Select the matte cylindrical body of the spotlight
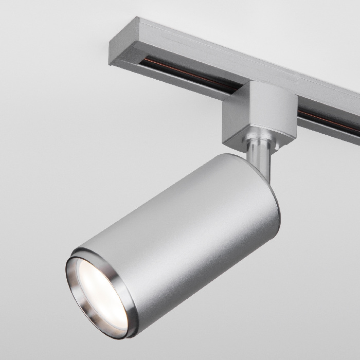185,226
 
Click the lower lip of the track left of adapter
180,82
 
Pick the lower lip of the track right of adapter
329,131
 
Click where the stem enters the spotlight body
257,172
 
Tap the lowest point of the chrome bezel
123,337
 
